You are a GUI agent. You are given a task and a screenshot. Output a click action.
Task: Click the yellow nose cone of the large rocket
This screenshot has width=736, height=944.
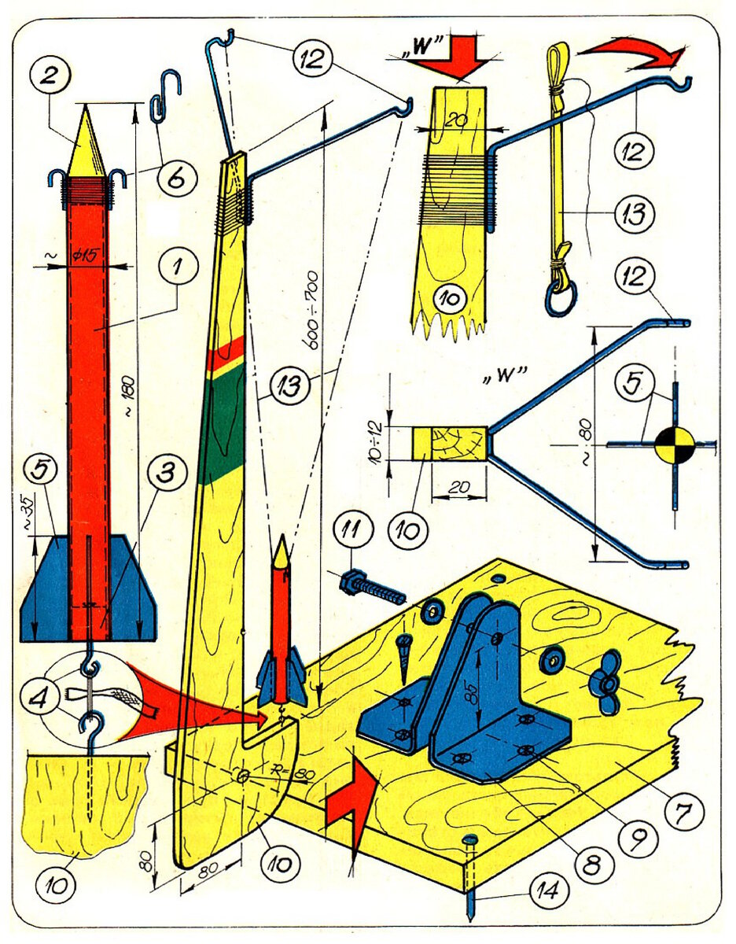(86, 146)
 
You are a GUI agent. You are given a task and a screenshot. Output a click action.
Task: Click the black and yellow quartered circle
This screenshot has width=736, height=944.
(674, 445)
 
